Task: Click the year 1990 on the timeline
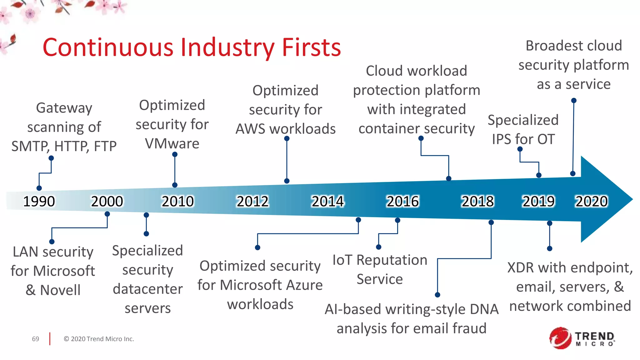39,201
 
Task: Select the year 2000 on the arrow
107,201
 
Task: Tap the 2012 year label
252,201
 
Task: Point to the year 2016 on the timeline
402,201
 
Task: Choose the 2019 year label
538,201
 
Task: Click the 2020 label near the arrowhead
592,201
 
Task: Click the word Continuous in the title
108,47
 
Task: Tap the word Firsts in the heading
311,47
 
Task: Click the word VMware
172,144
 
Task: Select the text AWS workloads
285,129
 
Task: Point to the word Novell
60,290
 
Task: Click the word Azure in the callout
304,285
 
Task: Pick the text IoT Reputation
380,260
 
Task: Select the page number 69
36,339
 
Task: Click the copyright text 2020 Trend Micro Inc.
99,339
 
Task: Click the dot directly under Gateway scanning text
51,158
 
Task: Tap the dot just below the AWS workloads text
287,138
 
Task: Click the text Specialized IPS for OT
523,129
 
